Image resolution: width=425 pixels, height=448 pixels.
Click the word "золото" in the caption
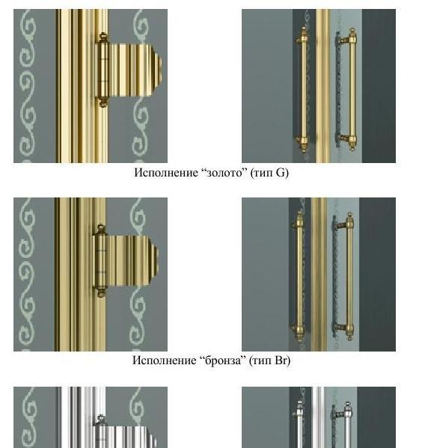coord(224,173)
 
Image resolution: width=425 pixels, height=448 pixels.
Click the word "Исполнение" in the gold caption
coord(167,173)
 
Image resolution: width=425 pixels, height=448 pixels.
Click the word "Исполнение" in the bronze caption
coord(165,360)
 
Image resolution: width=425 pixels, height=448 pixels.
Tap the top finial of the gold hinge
coord(103,37)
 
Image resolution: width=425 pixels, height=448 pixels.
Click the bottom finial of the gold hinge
coord(103,103)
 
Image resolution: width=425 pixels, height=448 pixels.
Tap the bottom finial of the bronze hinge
coord(100,292)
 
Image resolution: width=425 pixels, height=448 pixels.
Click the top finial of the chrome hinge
coord(100,419)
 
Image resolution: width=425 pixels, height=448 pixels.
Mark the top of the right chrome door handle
coord(347,403)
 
